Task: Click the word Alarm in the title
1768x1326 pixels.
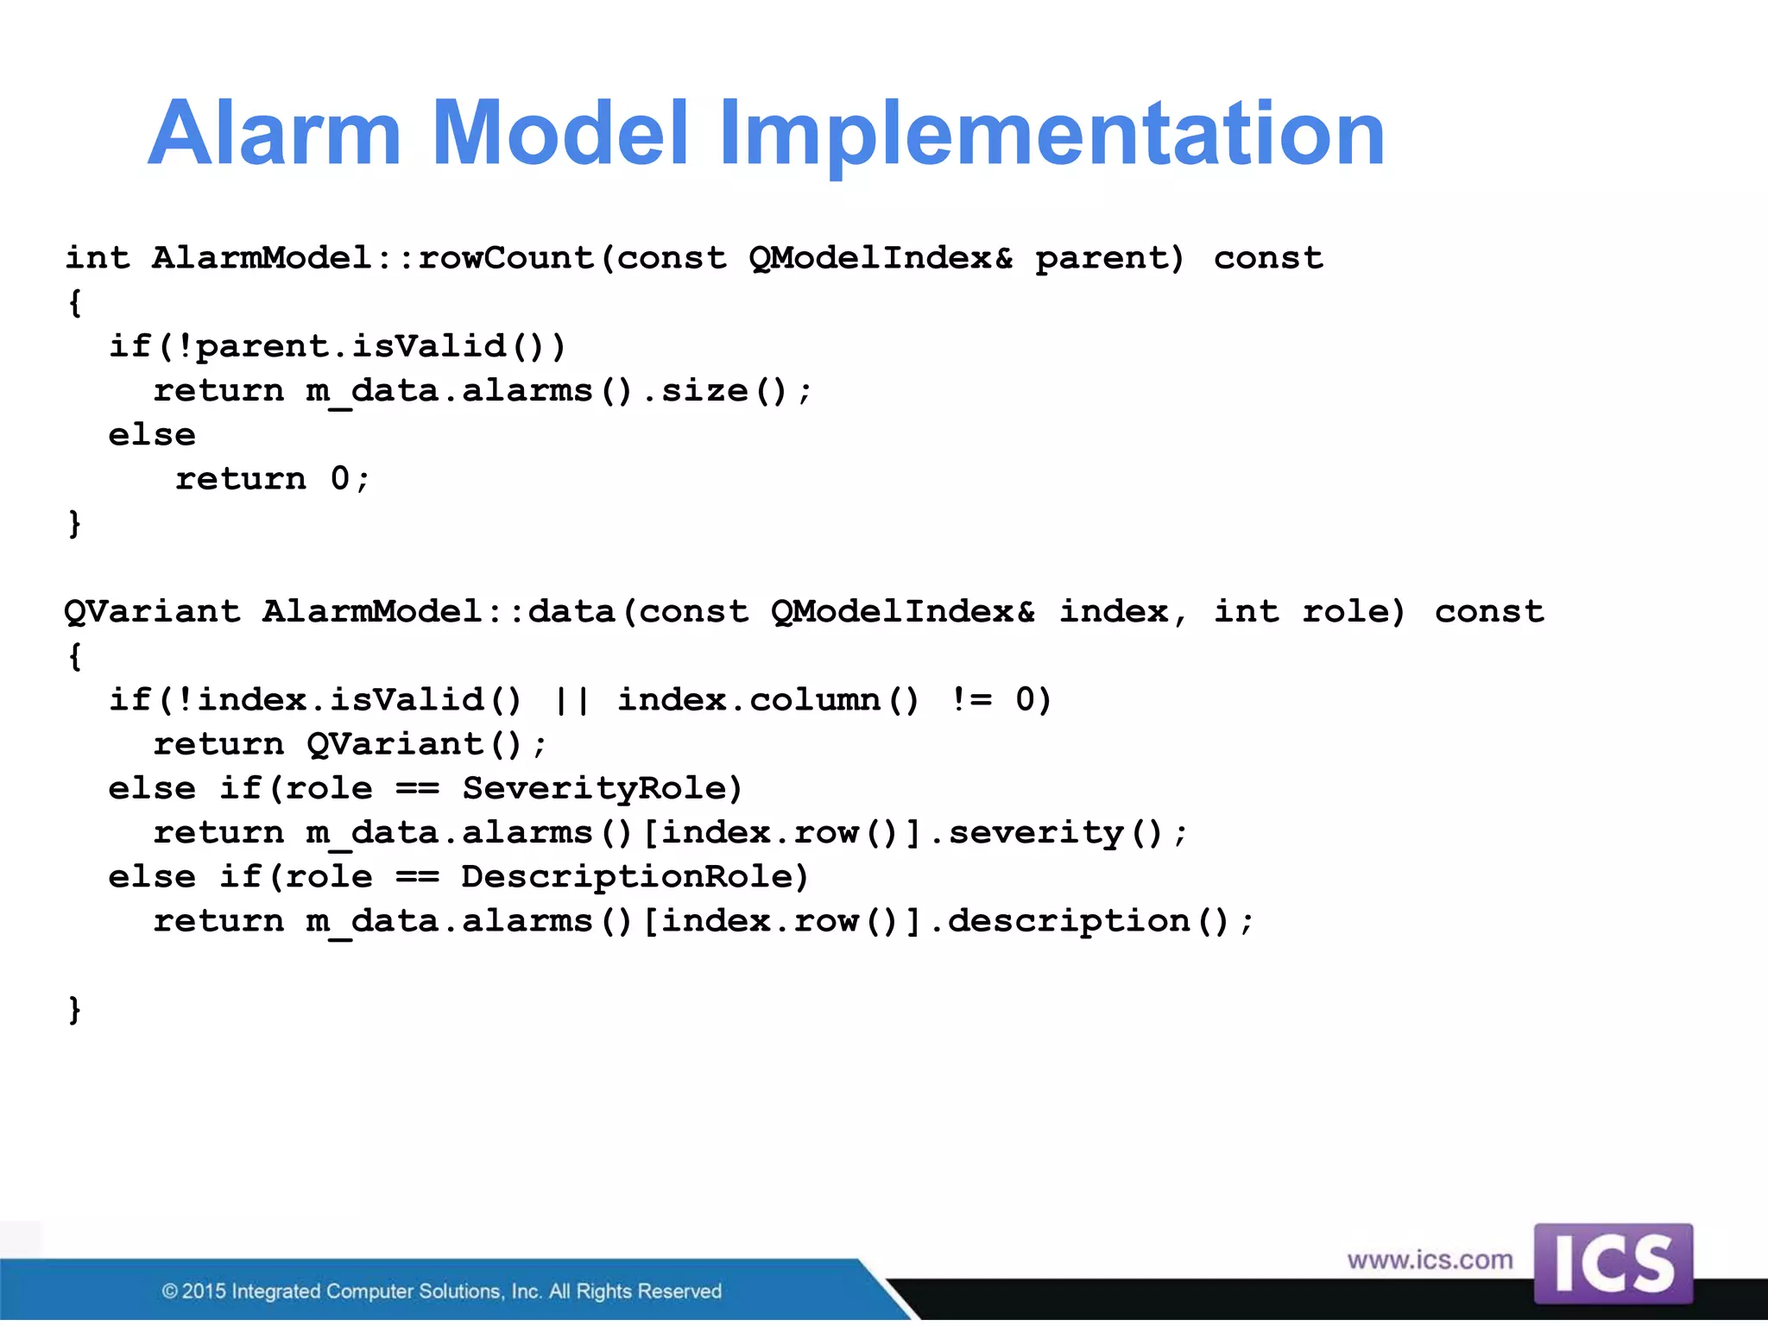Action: click(x=275, y=134)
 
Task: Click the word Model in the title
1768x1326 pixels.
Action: click(x=559, y=134)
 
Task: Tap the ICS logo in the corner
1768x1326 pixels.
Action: click(x=1613, y=1264)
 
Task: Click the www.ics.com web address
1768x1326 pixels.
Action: click(x=1430, y=1260)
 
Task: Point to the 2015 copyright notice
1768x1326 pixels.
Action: click(x=441, y=1291)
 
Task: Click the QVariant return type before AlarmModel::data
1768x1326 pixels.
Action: click(x=153, y=612)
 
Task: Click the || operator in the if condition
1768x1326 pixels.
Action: click(x=571, y=700)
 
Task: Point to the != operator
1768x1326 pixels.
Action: click(x=971, y=700)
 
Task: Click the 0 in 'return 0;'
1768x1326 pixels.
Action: click(x=340, y=479)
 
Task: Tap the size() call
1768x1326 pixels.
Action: click(x=725, y=391)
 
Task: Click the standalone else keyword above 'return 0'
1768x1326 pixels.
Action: click(x=152, y=435)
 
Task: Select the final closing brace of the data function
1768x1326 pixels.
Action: click(x=75, y=1009)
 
